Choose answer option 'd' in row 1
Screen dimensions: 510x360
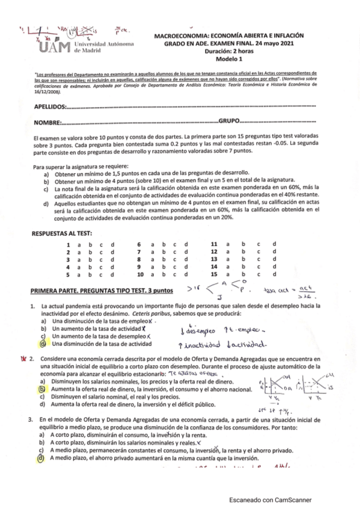click(x=112, y=244)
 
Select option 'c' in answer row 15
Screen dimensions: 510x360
click(x=258, y=274)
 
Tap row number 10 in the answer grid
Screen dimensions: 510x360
click(x=140, y=274)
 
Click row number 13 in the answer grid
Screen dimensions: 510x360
click(x=213, y=259)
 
